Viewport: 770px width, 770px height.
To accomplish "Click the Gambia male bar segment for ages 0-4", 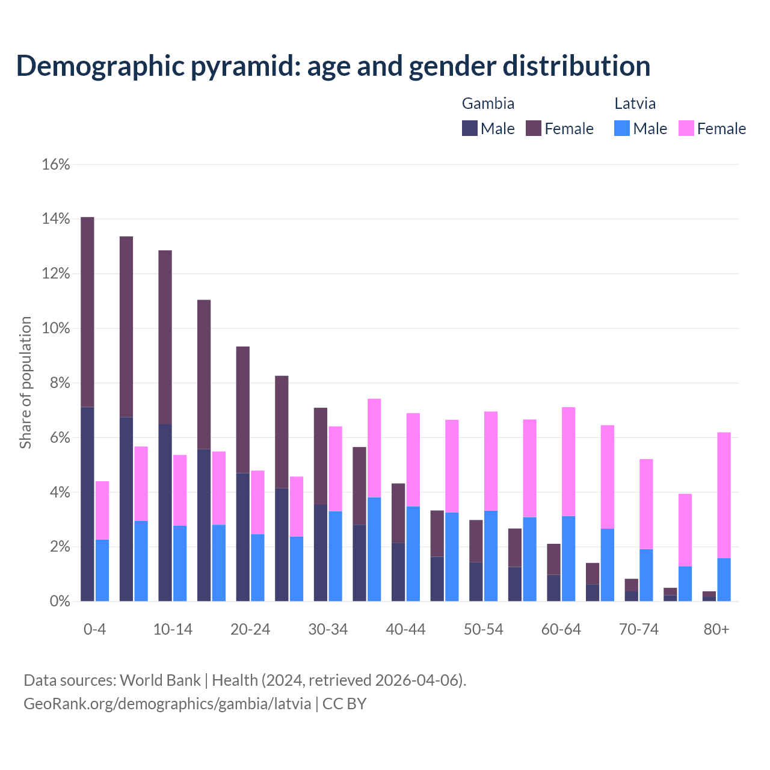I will (x=87, y=504).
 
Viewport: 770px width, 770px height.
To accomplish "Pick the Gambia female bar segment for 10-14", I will (x=165, y=337).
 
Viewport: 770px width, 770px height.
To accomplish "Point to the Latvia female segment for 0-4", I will (x=102, y=510).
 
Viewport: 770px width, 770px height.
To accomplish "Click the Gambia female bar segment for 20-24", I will (x=242, y=410).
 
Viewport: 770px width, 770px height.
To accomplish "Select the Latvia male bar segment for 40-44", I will (x=413, y=553).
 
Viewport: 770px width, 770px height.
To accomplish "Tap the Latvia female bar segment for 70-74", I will (x=646, y=504).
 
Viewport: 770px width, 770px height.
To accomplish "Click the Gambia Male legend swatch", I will (x=470, y=128).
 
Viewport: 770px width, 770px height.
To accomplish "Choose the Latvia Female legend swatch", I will (x=686, y=128).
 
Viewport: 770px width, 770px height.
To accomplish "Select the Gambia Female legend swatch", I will (x=534, y=128).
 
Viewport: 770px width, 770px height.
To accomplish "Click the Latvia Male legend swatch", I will (x=622, y=128).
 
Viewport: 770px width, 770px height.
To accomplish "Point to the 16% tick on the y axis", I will (x=56, y=164).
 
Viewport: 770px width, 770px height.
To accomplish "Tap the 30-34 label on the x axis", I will (x=328, y=629).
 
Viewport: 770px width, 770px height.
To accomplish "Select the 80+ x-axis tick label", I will (x=716, y=629).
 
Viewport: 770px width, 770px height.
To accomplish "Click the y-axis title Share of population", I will (x=25, y=383).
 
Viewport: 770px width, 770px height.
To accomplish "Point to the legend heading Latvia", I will (x=635, y=103).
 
